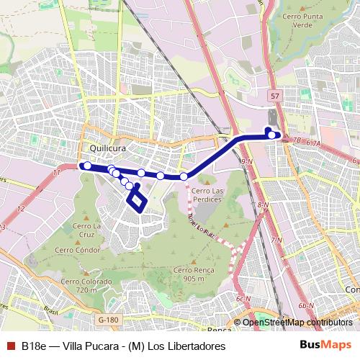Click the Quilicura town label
[x=109, y=149]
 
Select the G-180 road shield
[x=108, y=320]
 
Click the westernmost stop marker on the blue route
[x=87, y=166]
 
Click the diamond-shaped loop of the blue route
[x=136, y=201]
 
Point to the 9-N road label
[x=247, y=161]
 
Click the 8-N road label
[x=263, y=205]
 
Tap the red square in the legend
[x=10, y=346]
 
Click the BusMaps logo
[x=325, y=346]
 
